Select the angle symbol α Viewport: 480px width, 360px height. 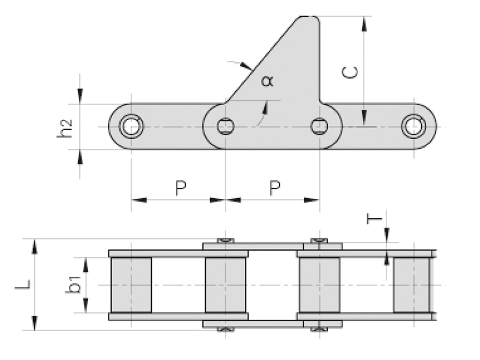(267, 80)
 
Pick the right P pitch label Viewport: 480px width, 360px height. (274, 188)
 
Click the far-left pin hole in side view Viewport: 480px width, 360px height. (131, 126)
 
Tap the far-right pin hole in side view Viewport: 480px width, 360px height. (413, 126)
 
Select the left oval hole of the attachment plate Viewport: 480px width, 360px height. (226, 126)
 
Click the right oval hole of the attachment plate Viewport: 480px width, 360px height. (319, 126)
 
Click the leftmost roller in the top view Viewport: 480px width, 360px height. (131, 284)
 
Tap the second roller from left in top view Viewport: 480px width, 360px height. (226, 284)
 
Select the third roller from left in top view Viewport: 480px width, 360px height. (319, 284)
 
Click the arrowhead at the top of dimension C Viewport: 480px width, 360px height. (364, 22)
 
